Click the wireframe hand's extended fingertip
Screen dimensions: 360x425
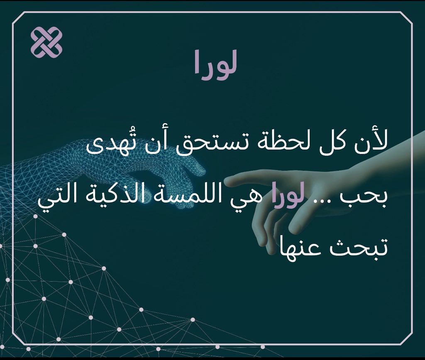tap(200, 170)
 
